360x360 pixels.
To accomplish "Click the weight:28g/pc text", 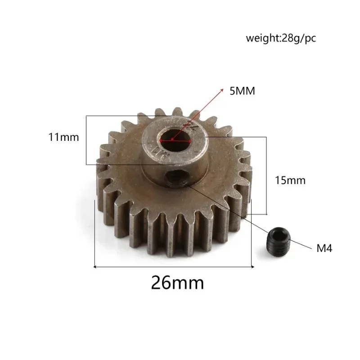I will point(281,38).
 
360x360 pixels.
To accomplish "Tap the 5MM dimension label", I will point(242,91).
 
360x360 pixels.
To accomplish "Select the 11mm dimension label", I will point(64,137).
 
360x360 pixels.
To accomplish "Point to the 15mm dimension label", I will point(290,180).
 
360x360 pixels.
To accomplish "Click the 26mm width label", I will point(177,283).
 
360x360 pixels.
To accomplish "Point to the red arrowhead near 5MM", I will point(221,90).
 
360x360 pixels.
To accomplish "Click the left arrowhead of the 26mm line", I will point(95,266).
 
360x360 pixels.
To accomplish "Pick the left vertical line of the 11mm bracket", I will point(86,140).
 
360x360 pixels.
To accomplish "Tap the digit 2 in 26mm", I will point(157,283).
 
